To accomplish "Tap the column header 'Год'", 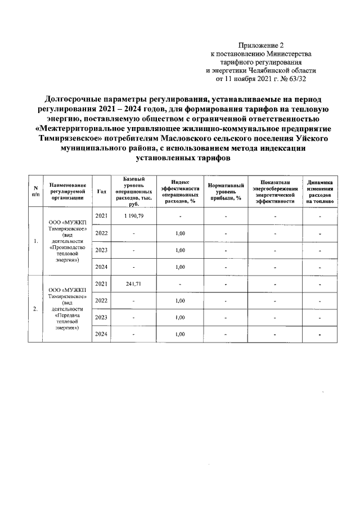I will point(102,191).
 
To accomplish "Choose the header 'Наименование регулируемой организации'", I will point(67,191).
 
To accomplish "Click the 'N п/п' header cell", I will point(35,191).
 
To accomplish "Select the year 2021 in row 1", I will point(102,216).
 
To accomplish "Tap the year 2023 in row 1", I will point(102,250).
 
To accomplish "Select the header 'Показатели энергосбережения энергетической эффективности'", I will point(275,191).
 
